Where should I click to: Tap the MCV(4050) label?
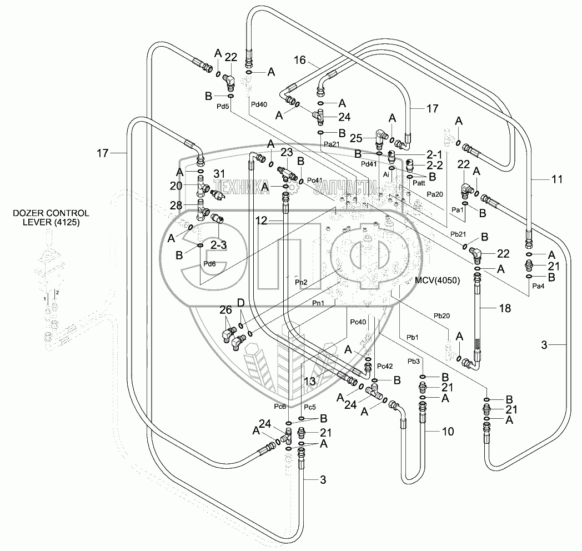[437, 280]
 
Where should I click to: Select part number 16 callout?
[299, 60]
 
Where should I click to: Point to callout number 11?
[557, 179]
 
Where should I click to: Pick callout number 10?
[447, 432]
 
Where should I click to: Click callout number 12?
[263, 221]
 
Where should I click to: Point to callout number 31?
[220, 174]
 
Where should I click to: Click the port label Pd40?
[259, 104]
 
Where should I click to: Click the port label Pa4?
[538, 287]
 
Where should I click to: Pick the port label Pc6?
[280, 407]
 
